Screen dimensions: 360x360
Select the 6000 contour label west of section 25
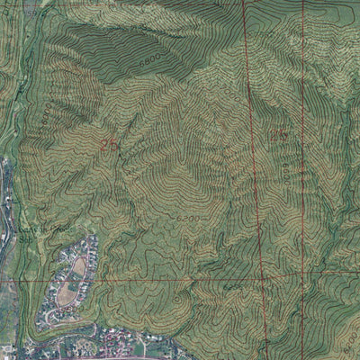[x=45, y=114]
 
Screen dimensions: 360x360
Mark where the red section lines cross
[x=262, y=272]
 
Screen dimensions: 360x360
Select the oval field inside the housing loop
[x=79, y=266]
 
